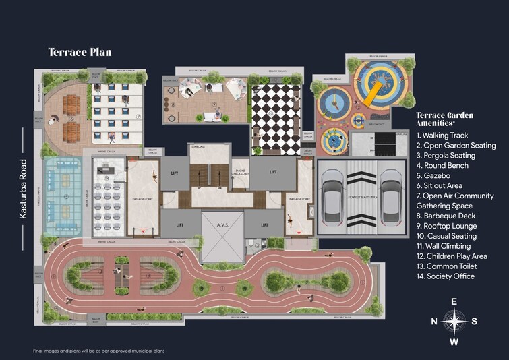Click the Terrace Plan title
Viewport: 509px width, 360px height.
click(80, 52)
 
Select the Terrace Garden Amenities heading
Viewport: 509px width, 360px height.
click(446, 119)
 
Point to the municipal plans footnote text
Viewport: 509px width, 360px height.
click(98, 351)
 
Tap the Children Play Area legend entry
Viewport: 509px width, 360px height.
click(452, 256)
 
